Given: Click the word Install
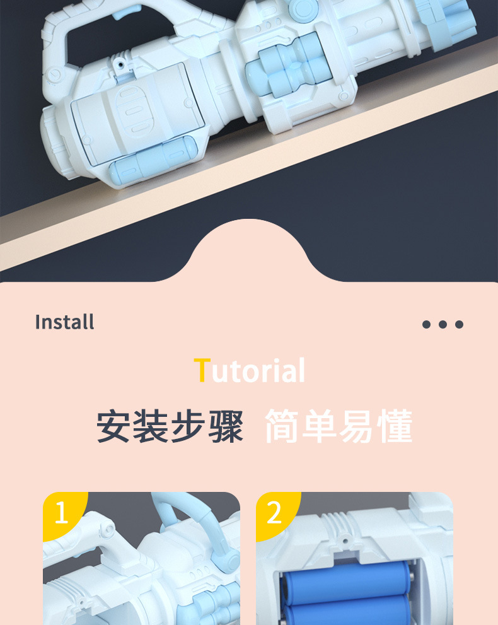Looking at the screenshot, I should point(64,322).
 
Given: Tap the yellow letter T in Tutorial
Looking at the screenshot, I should point(201,370).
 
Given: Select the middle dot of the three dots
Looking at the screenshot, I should point(443,324).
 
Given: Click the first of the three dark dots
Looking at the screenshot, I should point(426,324).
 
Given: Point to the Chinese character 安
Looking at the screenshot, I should point(115,427).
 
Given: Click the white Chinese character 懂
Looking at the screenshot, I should point(393,427).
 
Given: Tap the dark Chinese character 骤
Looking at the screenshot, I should point(224,427).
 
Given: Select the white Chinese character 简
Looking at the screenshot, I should point(282,427).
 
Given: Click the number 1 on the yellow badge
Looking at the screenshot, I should point(61,513).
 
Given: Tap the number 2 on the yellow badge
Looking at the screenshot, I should point(274,513).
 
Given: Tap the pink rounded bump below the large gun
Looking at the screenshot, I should point(249,252).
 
